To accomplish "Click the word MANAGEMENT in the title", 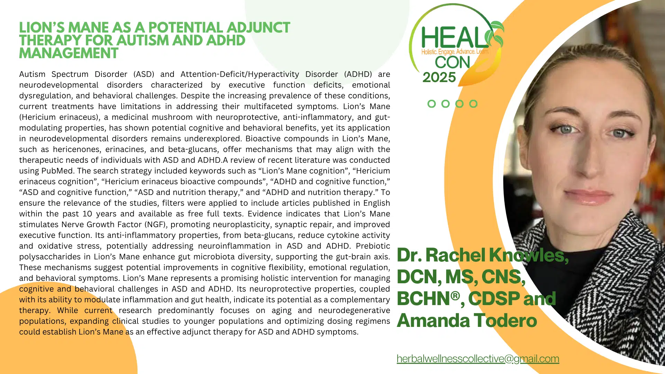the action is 69,53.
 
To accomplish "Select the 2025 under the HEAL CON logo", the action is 439,77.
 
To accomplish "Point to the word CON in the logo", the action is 452,62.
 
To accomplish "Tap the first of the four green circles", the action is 432,104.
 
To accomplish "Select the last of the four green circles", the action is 473,104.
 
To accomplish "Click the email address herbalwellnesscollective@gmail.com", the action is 478,359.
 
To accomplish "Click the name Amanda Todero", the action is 467,320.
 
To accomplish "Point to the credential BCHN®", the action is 428,299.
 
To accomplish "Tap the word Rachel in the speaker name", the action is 455,255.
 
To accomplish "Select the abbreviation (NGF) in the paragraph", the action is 156,225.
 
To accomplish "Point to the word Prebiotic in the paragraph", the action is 373,246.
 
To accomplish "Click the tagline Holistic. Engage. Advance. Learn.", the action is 455,52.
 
